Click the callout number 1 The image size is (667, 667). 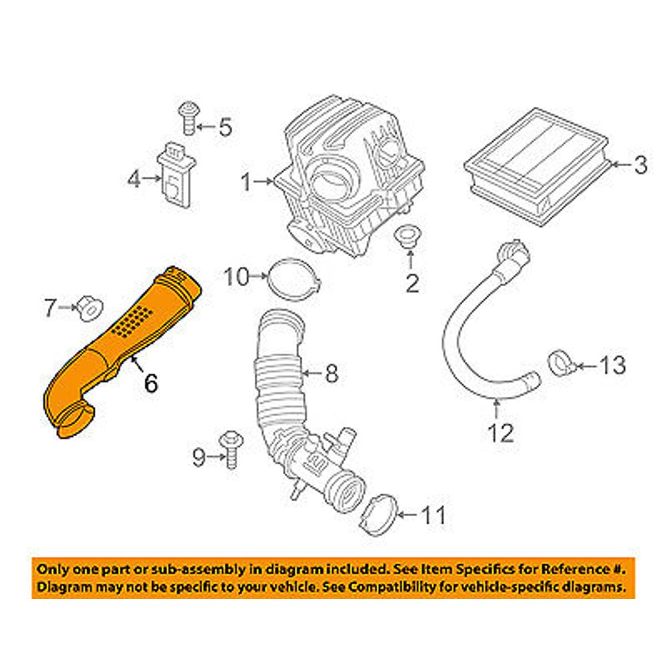pos(247,181)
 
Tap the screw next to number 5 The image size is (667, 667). pos(187,122)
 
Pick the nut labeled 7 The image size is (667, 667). pos(89,308)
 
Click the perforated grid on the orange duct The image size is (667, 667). pos(136,319)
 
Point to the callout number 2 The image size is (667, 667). pos(412,283)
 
